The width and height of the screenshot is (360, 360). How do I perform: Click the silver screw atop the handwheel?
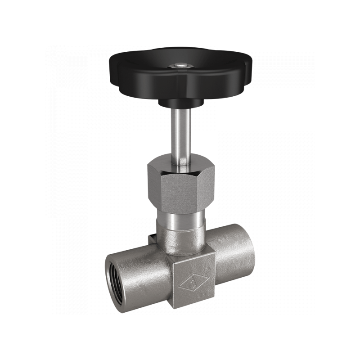[x=180, y=65]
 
